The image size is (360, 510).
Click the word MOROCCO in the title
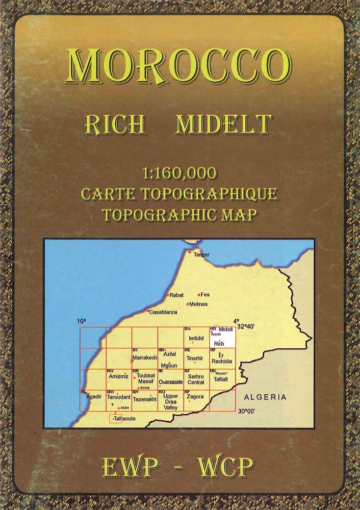pyautogui.click(x=180, y=66)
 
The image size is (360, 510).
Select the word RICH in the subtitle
pyautogui.click(x=116, y=124)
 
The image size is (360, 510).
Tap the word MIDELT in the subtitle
pyautogui.click(x=223, y=124)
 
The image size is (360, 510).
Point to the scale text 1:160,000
pyautogui.click(x=179, y=173)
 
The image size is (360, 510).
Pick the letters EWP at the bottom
pyautogui.click(x=131, y=467)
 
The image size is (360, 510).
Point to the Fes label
pyautogui.click(x=205, y=295)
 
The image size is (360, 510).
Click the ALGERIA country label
pyautogui.click(x=265, y=397)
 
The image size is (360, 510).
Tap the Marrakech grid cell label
pyautogui.click(x=144, y=358)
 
